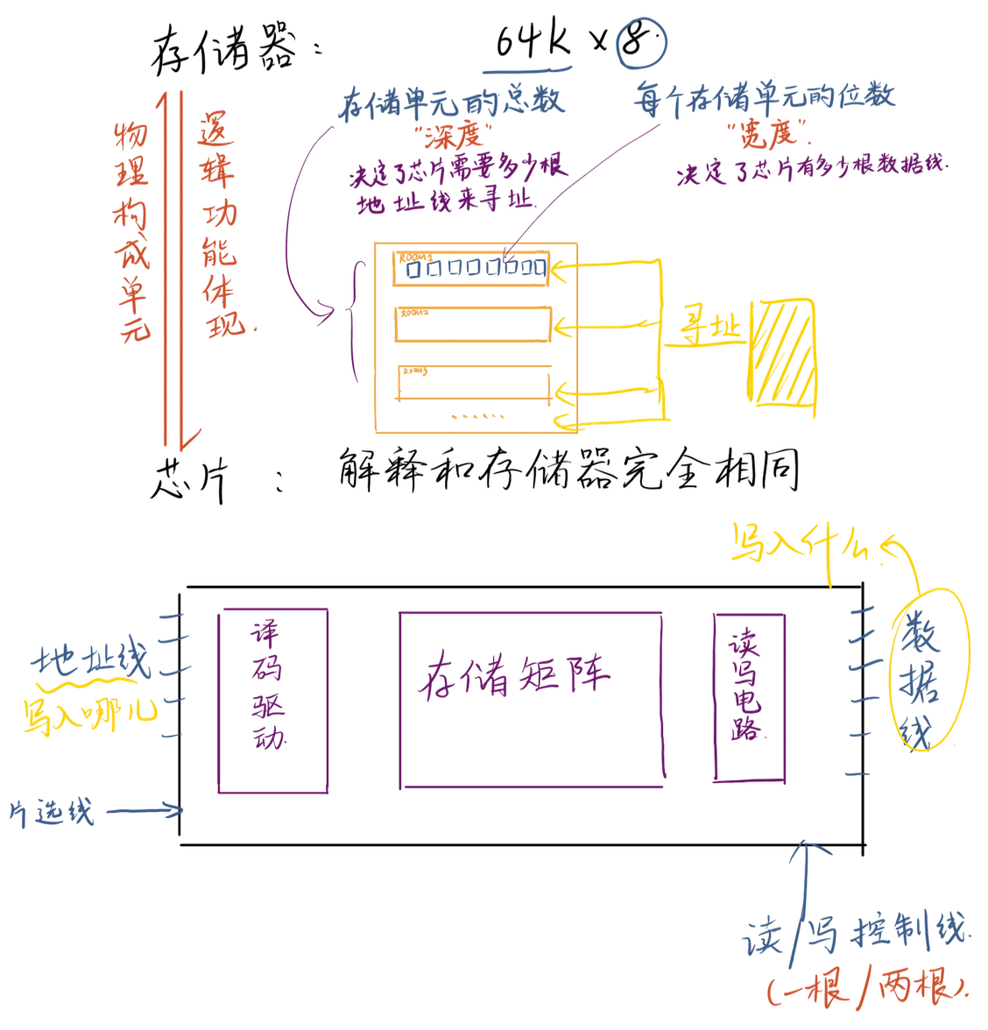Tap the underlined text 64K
click(532, 41)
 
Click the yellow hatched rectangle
click(783, 353)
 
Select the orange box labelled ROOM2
click(473, 323)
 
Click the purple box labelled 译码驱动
click(272, 701)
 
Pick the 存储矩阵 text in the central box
click(513, 675)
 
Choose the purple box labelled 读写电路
click(749, 696)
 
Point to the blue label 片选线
click(53, 812)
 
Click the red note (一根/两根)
click(867, 988)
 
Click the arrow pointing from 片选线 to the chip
click(145, 811)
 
